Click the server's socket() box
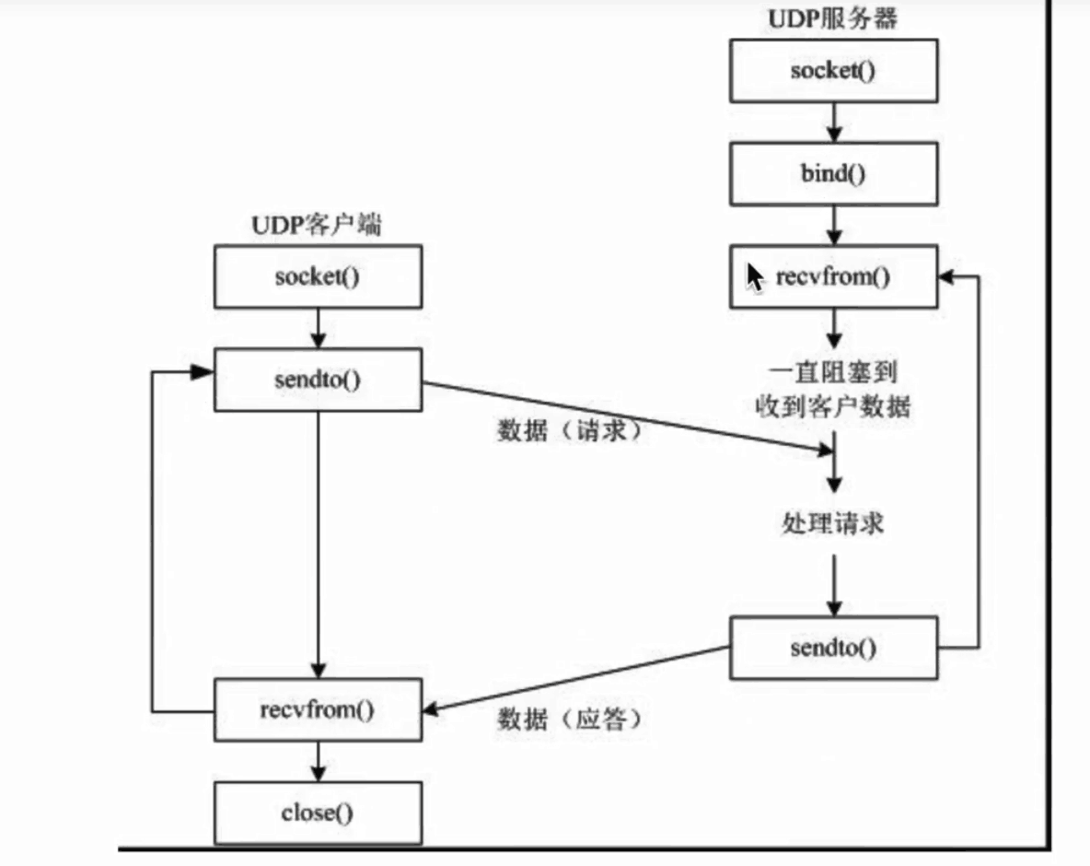coord(833,71)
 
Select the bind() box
coord(833,174)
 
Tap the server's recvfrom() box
coord(833,276)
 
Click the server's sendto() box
coord(833,648)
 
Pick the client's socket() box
coord(318,276)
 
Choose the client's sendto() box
coord(318,380)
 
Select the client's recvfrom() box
coord(318,709)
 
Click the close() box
coord(318,813)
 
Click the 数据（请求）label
coord(568,430)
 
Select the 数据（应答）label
coord(568,718)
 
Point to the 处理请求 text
coord(833,523)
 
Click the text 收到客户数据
coord(833,406)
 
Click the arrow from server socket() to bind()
coord(833,123)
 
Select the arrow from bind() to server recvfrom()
coord(833,226)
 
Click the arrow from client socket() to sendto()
coord(318,328)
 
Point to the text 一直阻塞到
coord(833,371)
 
